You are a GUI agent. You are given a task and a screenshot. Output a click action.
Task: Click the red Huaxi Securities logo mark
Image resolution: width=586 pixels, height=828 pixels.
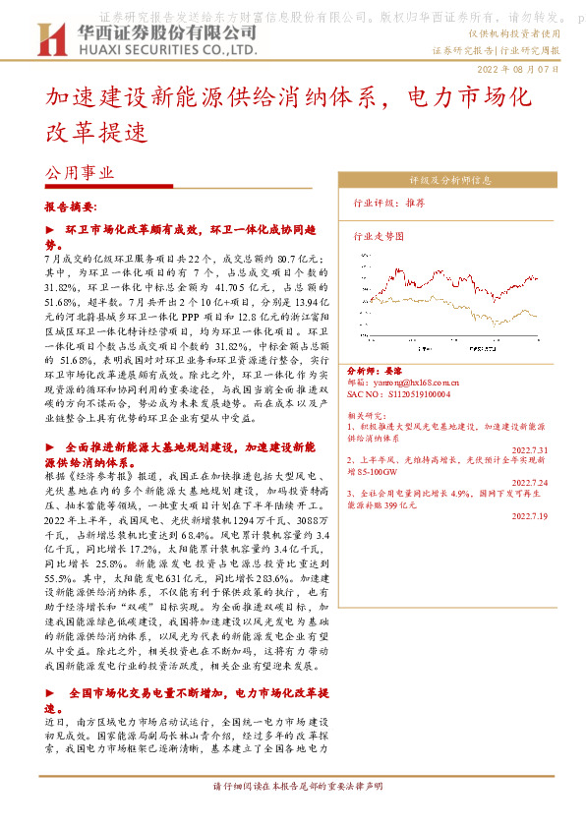point(50,40)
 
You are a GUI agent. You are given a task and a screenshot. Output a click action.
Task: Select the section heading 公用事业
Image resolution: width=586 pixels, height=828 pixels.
point(81,171)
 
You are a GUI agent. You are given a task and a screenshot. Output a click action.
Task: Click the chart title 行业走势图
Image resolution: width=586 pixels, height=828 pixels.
point(380,236)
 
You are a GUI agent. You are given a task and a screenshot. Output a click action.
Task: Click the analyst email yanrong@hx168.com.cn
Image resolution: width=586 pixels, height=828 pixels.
point(418,381)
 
